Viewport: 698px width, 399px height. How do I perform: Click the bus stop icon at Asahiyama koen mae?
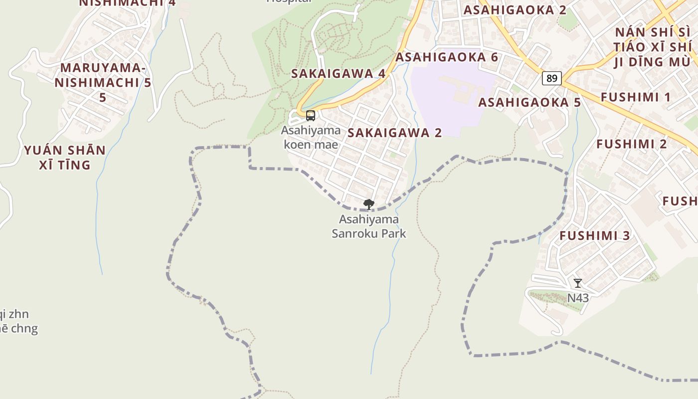[x=310, y=116]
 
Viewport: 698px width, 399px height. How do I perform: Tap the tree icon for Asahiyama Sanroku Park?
[x=369, y=204]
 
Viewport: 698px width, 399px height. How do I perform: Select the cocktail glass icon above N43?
[x=578, y=283]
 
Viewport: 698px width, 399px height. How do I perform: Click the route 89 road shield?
[x=552, y=78]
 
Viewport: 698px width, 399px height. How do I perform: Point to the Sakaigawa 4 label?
[x=338, y=73]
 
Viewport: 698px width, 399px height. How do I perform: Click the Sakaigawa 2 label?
[x=395, y=133]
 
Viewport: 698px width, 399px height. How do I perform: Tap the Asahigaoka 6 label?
[x=447, y=57]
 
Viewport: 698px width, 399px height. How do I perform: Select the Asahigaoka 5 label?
[x=529, y=103]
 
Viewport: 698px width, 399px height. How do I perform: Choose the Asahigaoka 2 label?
[x=515, y=10]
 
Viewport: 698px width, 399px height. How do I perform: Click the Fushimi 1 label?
[x=636, y=97]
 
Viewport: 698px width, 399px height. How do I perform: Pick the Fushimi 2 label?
[x=632, y=144]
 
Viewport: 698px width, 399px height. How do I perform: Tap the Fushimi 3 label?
[x=595, y=235]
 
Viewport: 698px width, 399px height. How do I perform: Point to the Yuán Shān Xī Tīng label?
[x=65, y=157]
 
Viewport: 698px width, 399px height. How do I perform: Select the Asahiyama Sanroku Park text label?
[x=369, y=226]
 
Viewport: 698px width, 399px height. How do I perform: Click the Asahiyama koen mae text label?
[x=311, y=137]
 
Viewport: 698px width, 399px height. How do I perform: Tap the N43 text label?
[x=578, y=298]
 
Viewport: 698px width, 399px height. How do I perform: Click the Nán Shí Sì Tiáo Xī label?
[x=654, y=47]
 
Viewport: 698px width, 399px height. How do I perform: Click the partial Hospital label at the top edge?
[x=289, y=1]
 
